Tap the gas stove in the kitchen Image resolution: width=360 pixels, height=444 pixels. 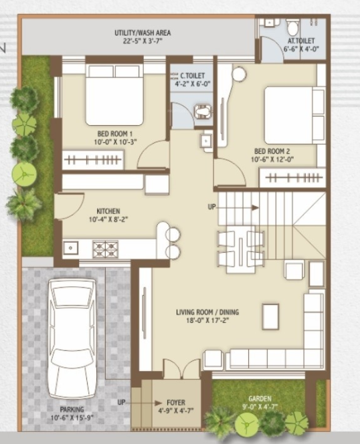(x=105, y=249)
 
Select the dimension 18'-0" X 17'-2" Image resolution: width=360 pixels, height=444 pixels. (x=207, y=320)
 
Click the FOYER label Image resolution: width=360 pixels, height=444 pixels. (x=175, y=403)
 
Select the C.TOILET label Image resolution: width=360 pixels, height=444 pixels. (x=193, y=76)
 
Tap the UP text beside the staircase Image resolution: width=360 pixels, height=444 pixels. (x=212, y=207)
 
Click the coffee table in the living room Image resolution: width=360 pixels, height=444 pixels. (x=270, y=314)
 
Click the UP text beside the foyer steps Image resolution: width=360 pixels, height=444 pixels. (x=121, y=403)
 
